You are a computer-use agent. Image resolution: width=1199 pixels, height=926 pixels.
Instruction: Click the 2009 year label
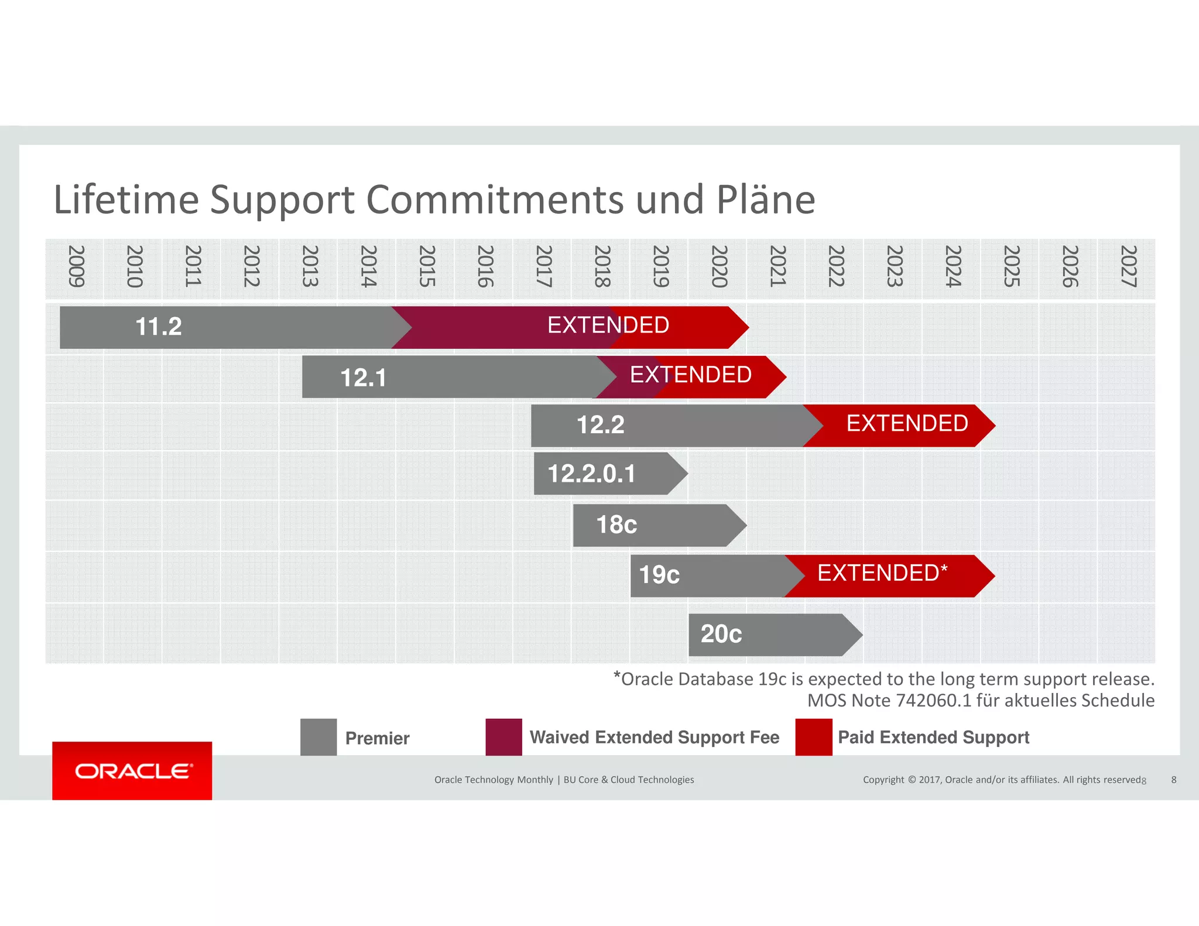tap(76, 266)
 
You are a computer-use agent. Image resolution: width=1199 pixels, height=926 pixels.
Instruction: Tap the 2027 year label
tap(1128, 266)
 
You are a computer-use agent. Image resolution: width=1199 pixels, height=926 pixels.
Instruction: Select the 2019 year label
tap(660, 266)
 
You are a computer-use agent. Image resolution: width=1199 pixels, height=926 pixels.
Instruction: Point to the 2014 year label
tap(368, 266)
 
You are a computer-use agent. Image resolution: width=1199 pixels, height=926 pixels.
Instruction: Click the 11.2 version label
tap(158, 327)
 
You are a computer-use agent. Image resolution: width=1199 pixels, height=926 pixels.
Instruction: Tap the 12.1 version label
tap(363, 378)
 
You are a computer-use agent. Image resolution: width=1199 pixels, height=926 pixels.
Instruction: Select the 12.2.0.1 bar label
tap(591, 474)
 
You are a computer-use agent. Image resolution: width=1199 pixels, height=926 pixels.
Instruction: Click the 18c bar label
tap(616, 524)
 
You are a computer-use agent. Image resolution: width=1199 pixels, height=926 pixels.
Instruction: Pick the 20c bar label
tap(721, 634)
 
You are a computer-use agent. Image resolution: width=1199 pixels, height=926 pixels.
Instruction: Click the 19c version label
tap(659, 575)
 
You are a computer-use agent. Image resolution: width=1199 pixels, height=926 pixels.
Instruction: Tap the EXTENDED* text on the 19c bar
tap(882, 573)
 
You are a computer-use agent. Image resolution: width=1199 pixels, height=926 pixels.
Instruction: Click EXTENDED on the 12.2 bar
tap(907, 423)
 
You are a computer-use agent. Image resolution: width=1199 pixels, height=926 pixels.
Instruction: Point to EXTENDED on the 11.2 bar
tap(608, 325)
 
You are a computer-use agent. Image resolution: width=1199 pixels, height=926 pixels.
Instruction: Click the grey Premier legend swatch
tap(318, 737)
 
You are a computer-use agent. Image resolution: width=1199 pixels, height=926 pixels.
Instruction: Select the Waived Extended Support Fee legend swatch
tap(503, 737)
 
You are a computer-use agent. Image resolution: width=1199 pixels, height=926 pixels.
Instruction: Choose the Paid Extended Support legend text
tap(933, 738)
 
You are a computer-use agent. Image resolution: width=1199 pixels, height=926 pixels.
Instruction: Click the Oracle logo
tap(132, 771)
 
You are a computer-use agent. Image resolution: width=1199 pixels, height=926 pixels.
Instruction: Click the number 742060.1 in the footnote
tap(933, 701)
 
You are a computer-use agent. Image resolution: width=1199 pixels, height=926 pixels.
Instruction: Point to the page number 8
tap(1173, 780)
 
